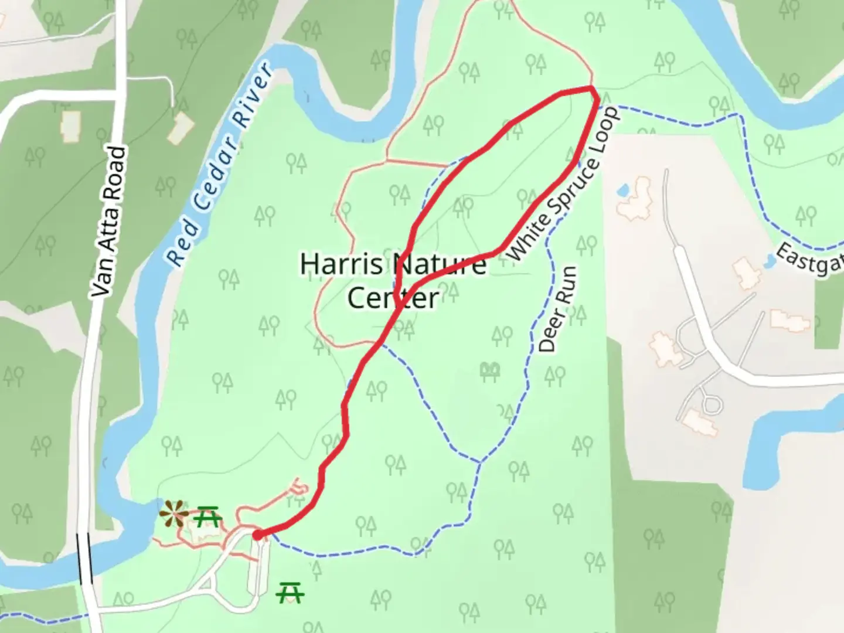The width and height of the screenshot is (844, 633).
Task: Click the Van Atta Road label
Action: pos(109,222)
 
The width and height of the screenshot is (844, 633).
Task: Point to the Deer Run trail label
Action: pos(557,309)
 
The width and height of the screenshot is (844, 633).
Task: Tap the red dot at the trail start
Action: pos(257,535)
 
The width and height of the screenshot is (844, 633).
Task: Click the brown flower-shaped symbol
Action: pos(174,514)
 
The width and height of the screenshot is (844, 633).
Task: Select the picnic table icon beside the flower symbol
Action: pos(207,516)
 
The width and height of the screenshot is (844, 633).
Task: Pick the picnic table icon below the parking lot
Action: pos(290,592)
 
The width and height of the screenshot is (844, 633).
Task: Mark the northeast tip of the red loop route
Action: pos(593,90)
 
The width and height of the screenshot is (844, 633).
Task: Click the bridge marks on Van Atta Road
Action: pos(84,557)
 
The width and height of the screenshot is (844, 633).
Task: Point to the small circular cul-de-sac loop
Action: pos(712,404)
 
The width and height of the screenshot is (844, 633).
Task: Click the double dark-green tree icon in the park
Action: pos(490,370)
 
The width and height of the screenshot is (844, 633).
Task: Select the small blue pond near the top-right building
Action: pos(623,190)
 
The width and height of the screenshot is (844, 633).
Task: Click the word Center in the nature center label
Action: pos(393,298)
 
